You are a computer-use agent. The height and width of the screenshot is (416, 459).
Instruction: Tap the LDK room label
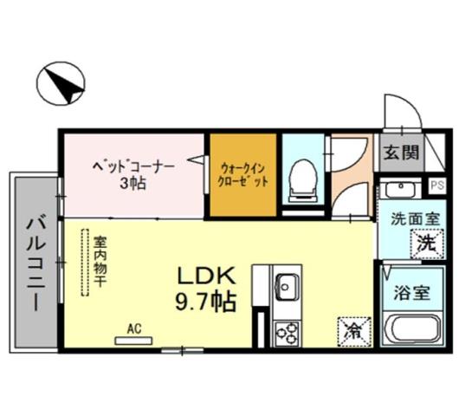[207, 276]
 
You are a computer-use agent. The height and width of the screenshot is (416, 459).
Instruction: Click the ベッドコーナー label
[133, 165]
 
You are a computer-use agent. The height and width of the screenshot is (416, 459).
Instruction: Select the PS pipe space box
[437, 185]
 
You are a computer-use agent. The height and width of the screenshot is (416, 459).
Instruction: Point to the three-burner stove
[286, 332]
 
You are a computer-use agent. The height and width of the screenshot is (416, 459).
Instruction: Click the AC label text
[133, 328]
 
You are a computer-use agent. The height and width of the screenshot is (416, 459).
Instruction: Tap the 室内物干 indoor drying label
[100, 260]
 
